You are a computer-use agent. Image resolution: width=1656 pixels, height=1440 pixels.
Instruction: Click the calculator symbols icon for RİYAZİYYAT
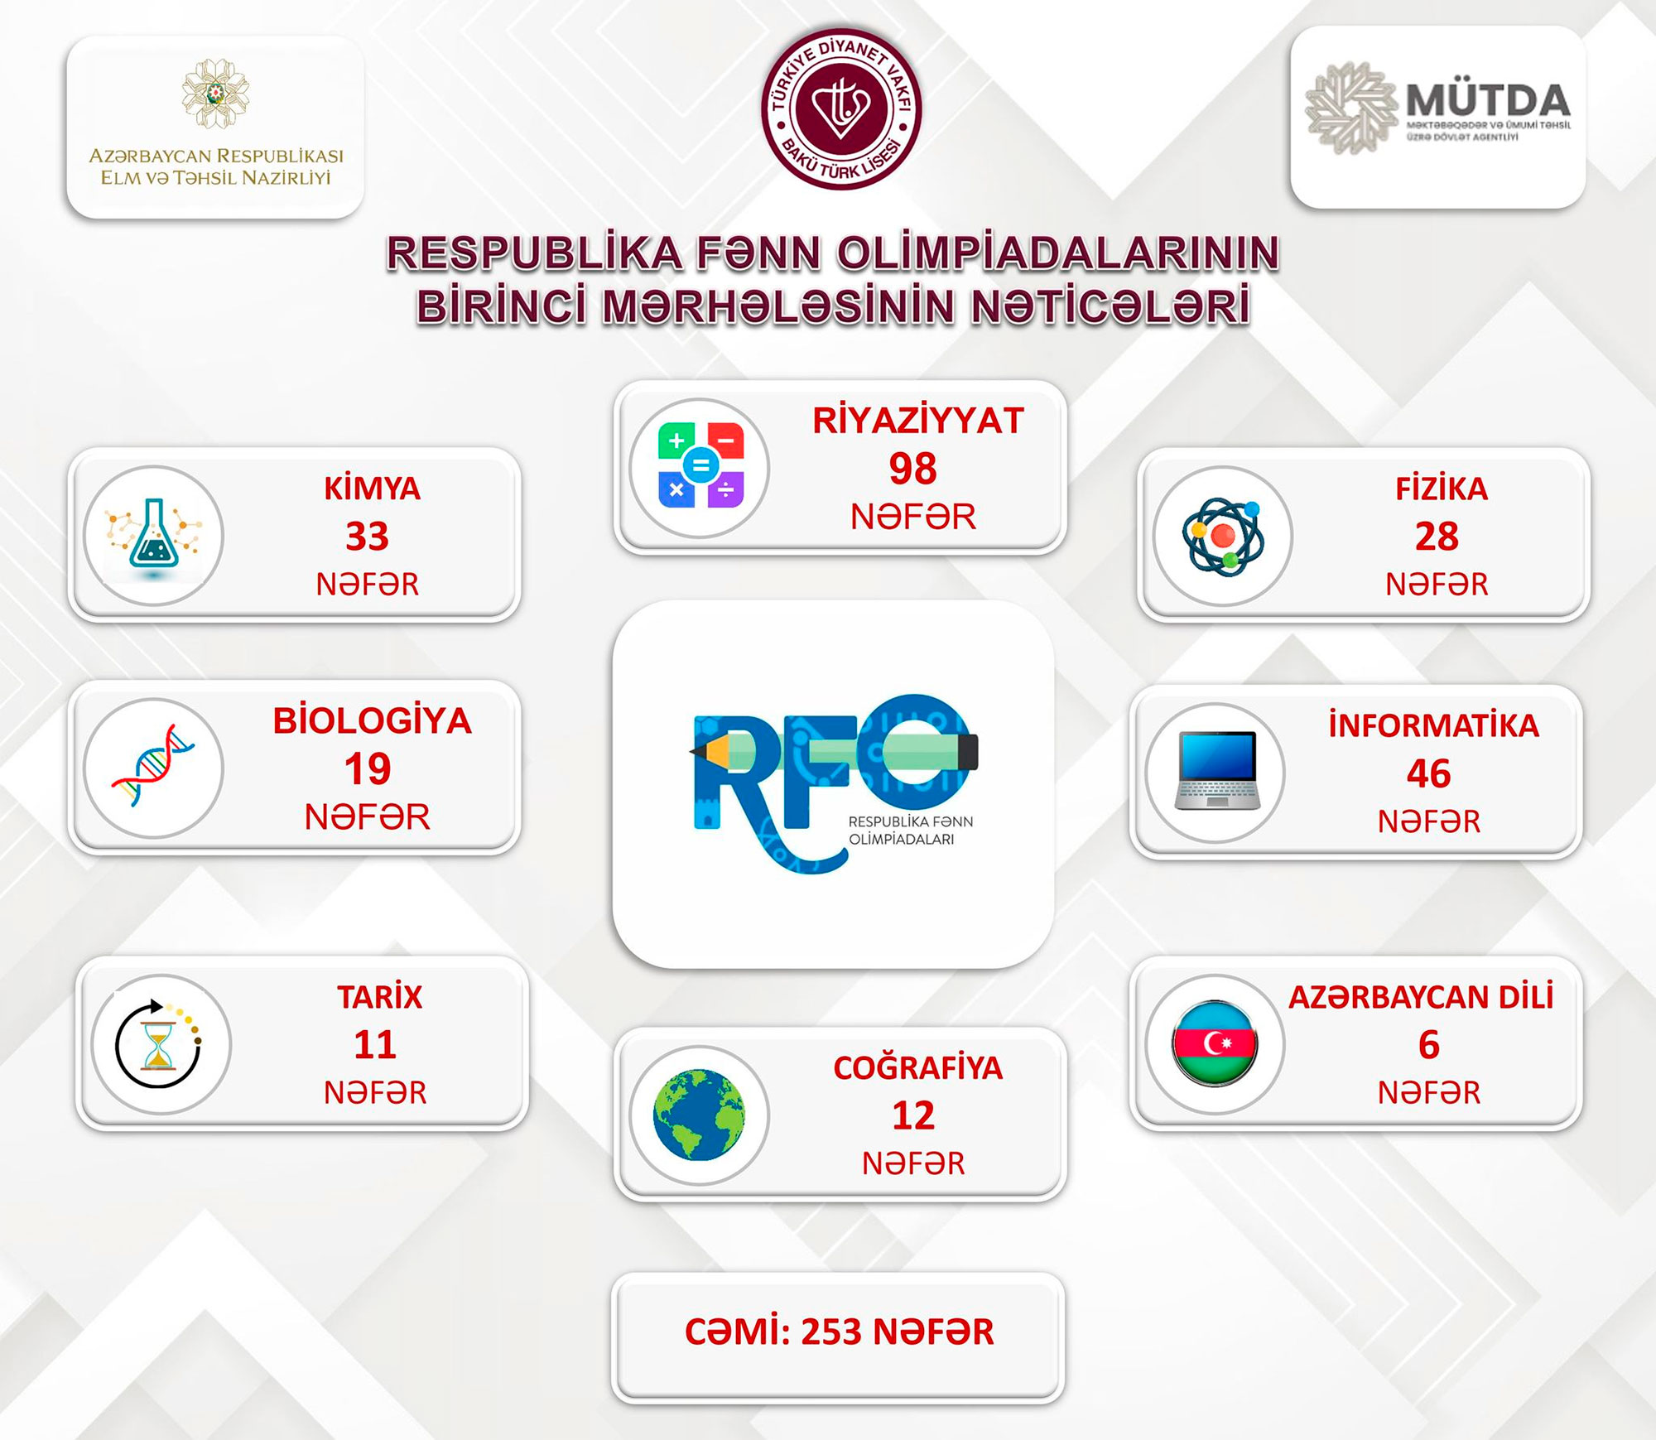(x=700, y=466)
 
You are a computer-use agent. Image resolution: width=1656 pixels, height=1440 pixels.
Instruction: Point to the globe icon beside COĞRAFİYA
(x=700, y=1115)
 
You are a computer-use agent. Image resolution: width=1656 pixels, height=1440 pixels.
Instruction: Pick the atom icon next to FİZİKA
(x=1223, y=536)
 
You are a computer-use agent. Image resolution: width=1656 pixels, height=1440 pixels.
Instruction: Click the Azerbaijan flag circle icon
(x=1215, y=1043)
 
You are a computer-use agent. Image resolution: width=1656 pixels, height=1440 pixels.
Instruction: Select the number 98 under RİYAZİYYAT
(x=912, y=469)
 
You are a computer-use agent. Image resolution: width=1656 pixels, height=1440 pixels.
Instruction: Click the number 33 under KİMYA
(x=368, y=537)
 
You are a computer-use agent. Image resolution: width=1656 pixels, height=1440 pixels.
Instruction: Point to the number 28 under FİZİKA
(x=1437, y=537)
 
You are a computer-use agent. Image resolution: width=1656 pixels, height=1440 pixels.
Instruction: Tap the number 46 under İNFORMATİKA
(x=1429, y=773)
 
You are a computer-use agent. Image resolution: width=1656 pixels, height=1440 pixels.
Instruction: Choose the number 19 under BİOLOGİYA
(x=368, y=769)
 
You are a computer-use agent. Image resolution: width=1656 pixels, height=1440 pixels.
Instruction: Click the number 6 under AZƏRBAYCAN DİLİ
(x=1429, y=1045)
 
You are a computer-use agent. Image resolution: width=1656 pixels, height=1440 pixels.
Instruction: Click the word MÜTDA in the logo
(x=1488, y=101)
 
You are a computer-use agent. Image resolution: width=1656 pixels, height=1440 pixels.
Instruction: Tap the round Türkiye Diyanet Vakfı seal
(x=841, y=108)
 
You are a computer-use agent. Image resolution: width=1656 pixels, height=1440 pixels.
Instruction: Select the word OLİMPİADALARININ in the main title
(x=1058, y=253)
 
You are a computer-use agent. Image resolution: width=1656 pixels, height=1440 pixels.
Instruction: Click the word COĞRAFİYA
(x=917, y=1068)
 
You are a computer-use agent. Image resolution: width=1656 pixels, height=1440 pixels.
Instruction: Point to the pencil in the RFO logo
(x=834, y=751)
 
